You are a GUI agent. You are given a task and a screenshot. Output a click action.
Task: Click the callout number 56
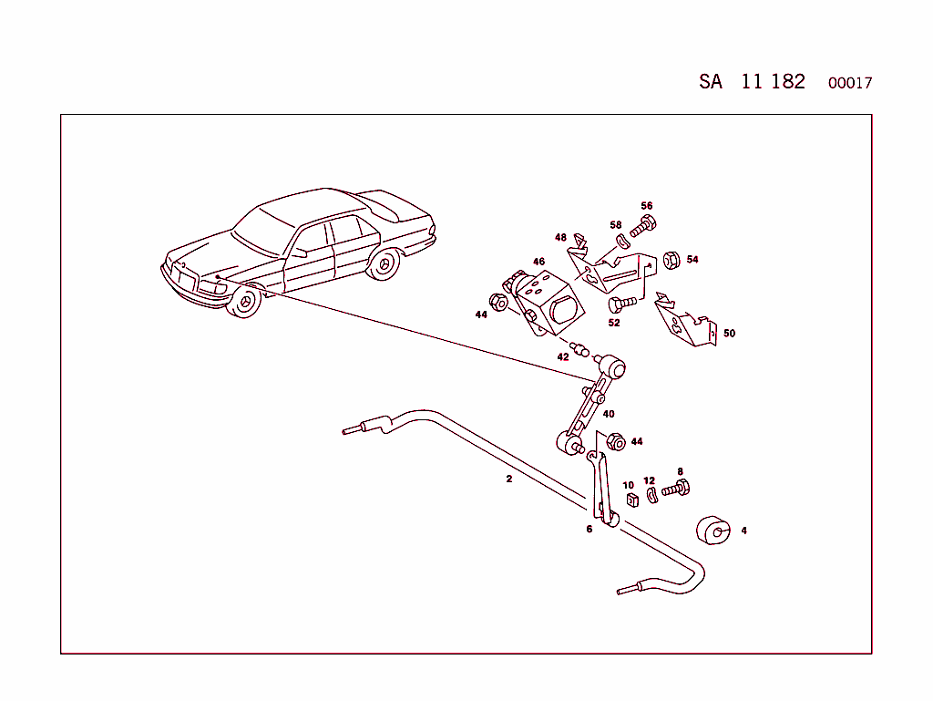[647, 206]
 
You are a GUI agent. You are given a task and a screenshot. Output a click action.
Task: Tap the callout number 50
[729, 334]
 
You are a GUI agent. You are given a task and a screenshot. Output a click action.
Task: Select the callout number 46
[538, 262]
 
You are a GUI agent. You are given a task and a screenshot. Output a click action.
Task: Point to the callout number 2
[509, 479]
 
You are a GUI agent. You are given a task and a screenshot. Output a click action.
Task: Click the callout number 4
[743, 531]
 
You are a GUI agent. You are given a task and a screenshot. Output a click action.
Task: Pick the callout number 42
[563, 356]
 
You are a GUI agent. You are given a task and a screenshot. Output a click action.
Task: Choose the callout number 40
[609, 414]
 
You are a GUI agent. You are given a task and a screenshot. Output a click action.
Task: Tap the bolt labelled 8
[676, 489]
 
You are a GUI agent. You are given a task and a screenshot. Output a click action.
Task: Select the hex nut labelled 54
[667, 260]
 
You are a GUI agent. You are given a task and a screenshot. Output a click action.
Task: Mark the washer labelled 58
[622, 242]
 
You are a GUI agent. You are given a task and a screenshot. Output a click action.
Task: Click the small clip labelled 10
[631, 499]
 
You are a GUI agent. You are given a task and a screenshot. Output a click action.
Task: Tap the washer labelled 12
[651, 495]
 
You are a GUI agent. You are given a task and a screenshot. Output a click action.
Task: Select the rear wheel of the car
[384, 264]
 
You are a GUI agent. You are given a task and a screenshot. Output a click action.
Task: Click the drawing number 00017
[850, 83]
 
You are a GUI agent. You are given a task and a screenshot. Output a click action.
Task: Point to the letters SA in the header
[711, 81]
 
